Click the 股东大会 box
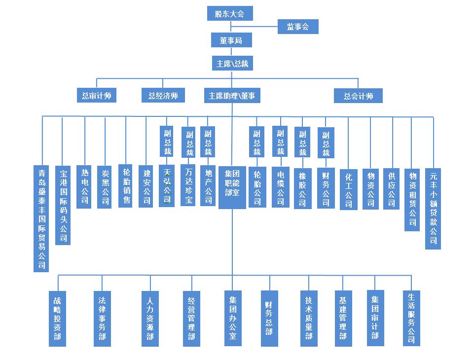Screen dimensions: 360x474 (229, 13)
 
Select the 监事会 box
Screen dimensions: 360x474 (298, 27)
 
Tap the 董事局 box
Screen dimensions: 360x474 (229, 40)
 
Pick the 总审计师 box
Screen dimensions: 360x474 (97, 96)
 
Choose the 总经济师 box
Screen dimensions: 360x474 (163, 96)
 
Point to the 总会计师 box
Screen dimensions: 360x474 (358, 96)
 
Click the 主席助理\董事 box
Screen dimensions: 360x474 (232, 96)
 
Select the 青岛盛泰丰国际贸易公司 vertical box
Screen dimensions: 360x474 (42, 218)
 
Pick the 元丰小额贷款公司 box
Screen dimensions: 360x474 (433, 208)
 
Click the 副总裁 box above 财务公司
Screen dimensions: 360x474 (326, 143)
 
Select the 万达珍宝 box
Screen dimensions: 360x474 (188, 185)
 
